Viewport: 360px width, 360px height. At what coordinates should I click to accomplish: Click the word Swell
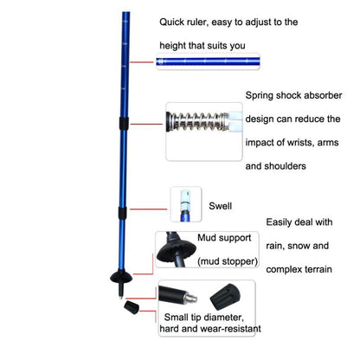tap(220, 206)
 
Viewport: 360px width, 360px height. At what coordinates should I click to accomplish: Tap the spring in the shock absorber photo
tap(198, 121)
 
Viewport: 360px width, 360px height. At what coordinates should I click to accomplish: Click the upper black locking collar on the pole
tap(124, 123)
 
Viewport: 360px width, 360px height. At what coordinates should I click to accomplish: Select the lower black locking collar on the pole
tap(122, 213)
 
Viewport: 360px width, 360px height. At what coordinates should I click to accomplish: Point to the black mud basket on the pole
tap(121, 277)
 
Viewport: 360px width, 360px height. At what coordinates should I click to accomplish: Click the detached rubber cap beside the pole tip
tap(132, 306)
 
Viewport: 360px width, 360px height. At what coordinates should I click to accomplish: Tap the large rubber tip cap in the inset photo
tap(225, 297)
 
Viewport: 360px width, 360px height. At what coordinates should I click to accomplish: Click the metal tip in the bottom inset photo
tap(191, 298)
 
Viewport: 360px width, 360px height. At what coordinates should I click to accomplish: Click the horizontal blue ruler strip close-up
tap(208, 61)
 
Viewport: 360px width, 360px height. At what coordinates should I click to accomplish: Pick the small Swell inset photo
tap(186, 204)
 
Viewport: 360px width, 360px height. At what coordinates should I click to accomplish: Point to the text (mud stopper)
tap(228, 261)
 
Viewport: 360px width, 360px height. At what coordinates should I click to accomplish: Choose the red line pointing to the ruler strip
tap(141, 62)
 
